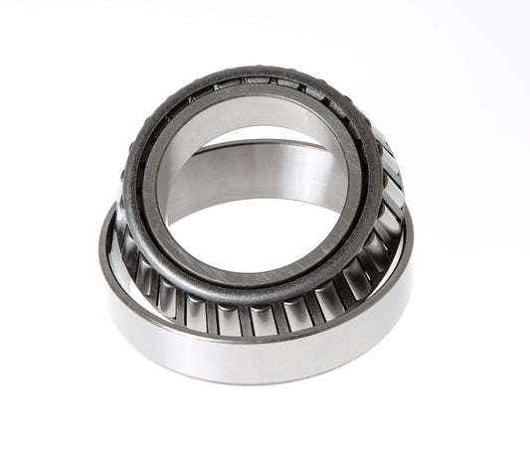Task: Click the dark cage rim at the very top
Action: tap(249, 74)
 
